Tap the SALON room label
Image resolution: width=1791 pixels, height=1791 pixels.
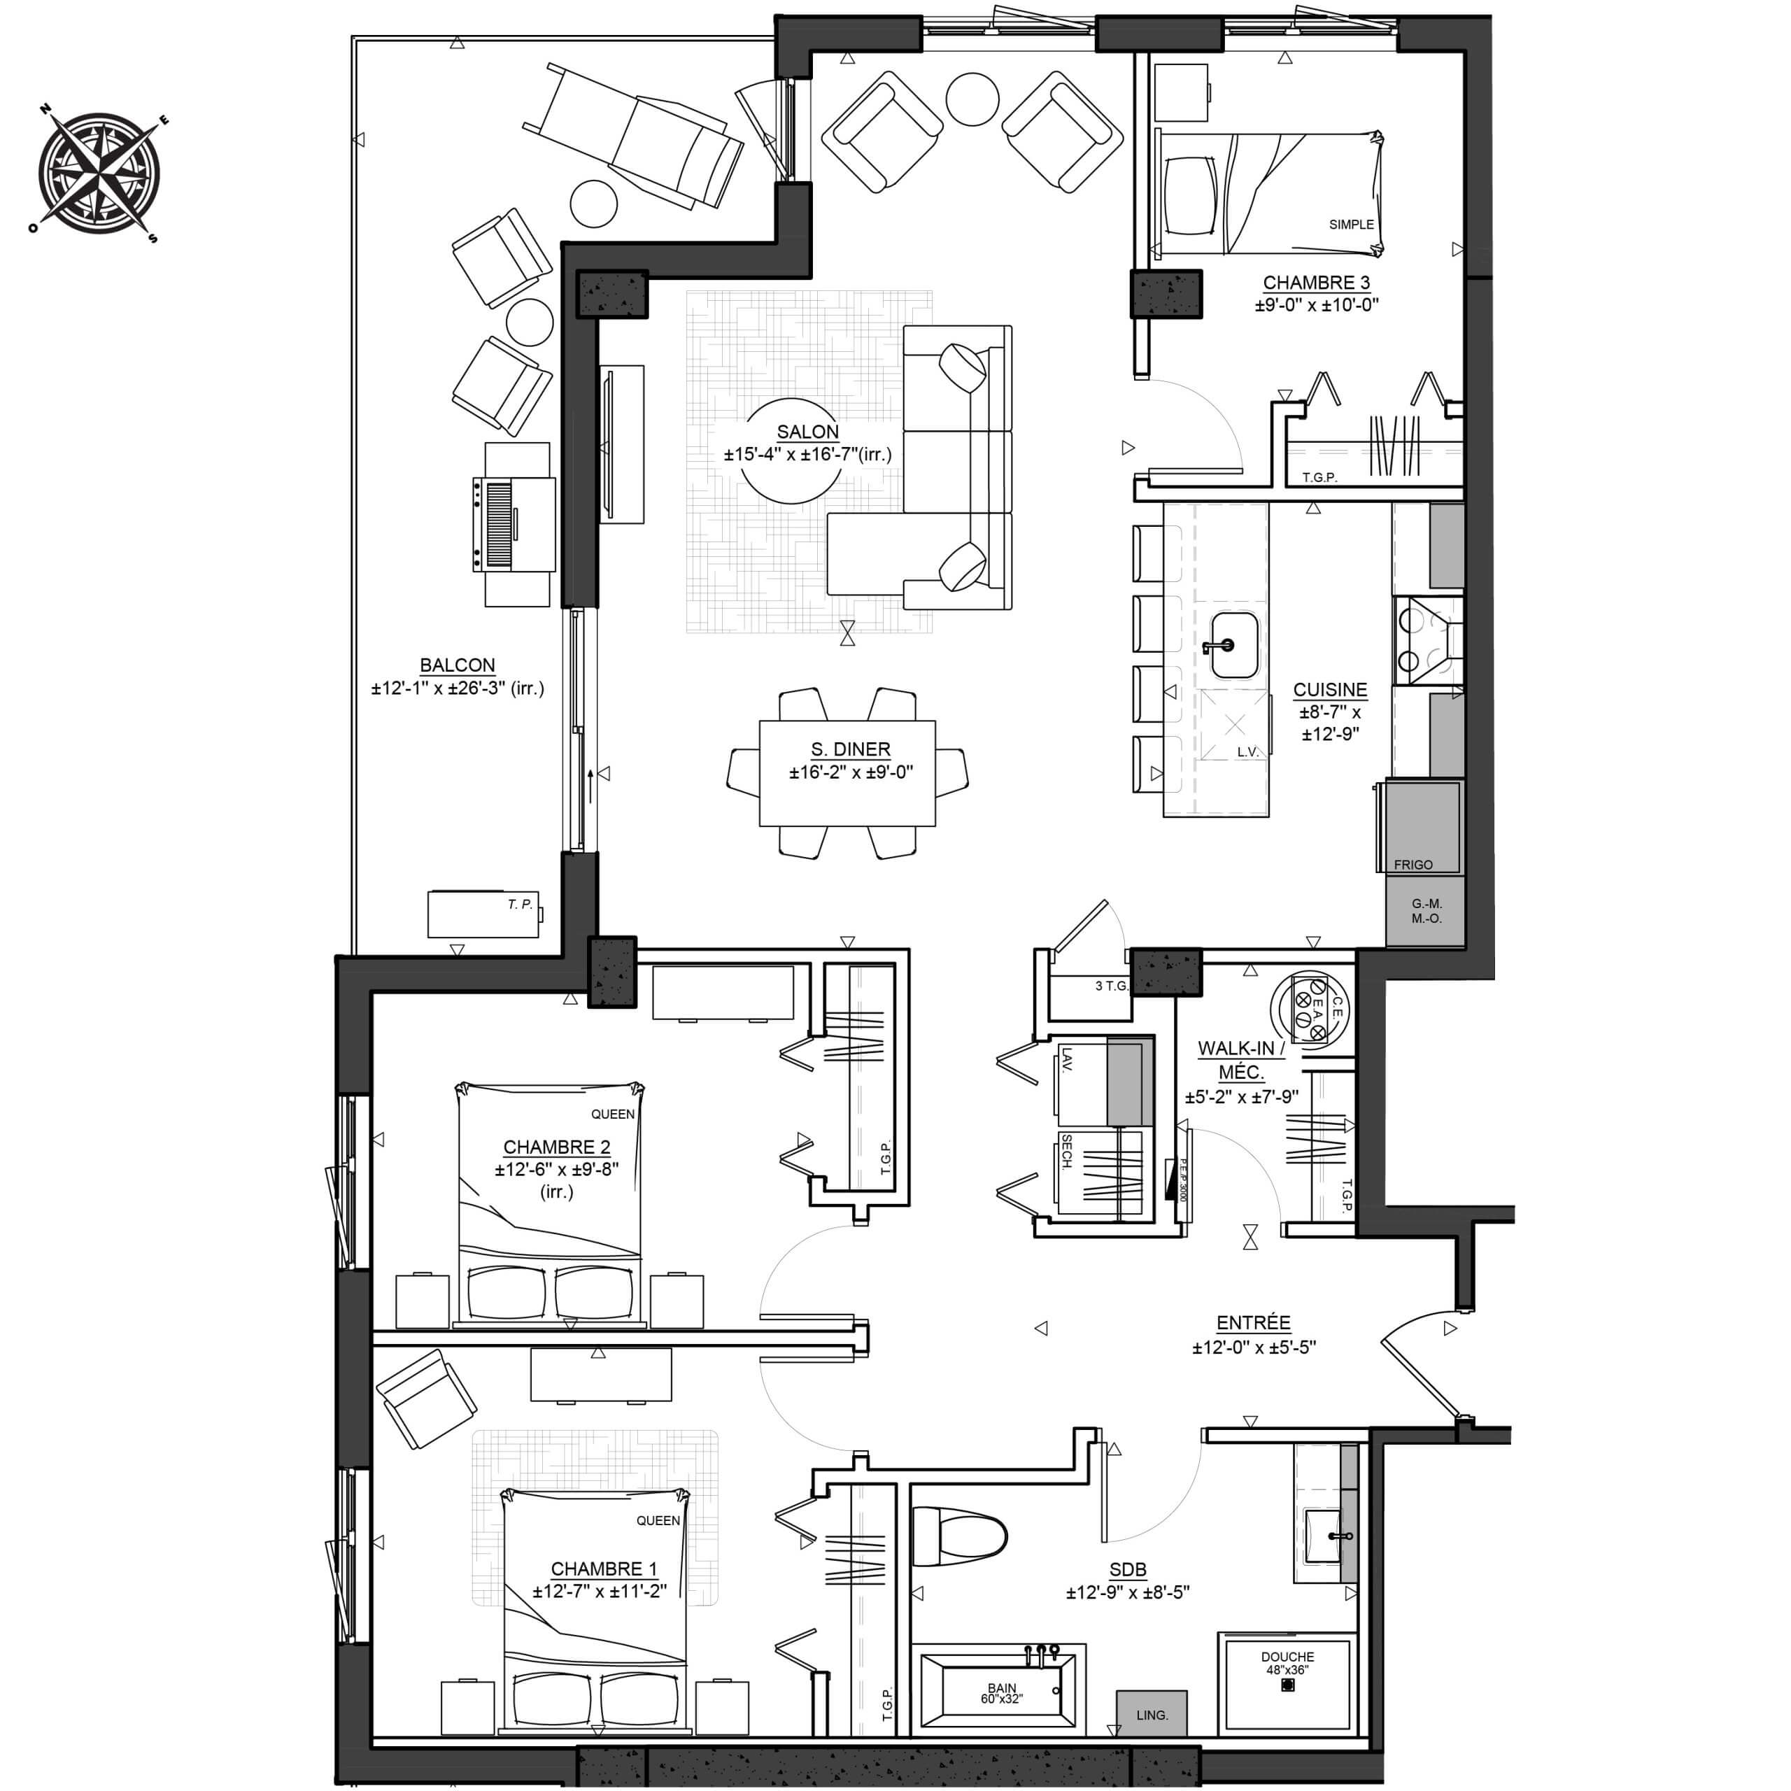point(807,432)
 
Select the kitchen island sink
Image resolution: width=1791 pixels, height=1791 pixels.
point(1233,644)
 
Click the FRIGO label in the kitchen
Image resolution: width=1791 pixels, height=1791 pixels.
point(1413,864)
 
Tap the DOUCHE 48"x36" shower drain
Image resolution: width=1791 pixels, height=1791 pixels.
point(1287,1685)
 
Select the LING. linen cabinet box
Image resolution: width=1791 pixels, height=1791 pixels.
point(1152,1713)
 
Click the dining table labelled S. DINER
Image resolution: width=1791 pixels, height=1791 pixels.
point(847,772)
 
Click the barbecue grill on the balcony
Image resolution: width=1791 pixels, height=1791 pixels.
point(514,525)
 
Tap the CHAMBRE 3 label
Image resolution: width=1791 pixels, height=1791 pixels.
point(1317,283)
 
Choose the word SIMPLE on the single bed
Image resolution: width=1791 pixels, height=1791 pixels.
point(1352,225)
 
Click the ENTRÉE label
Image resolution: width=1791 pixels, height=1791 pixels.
point(1253,1323)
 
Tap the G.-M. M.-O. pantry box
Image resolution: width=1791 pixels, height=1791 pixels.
point(1426,910)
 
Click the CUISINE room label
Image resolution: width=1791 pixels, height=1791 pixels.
point(1330,690)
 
